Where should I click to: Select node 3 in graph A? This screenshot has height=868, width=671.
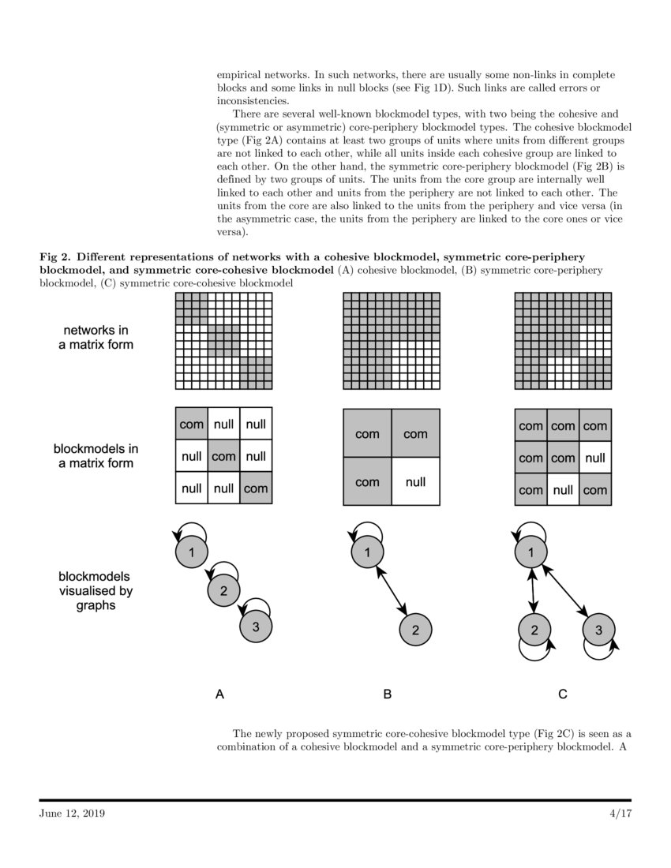pos(254,627)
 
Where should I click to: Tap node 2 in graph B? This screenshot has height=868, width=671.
pos(415,629)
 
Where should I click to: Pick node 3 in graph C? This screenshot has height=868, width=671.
pos(598,629)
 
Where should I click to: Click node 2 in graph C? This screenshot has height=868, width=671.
pos(534,629)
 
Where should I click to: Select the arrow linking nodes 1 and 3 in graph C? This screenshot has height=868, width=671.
pos(566,591)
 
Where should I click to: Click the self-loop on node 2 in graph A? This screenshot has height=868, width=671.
pos(227,571)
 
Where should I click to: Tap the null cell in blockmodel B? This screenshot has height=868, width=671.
pos(415,481)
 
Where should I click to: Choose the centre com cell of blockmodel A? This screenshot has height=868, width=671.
pos(223,456)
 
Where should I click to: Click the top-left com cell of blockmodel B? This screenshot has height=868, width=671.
pos(367,433)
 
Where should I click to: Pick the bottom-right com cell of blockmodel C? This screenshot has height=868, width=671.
pos(595,489)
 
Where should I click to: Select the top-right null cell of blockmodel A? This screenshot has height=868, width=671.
pos(256,425)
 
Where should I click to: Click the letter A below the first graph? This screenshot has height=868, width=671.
pos(221,694)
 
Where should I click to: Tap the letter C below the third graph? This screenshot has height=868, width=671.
pos(563,694)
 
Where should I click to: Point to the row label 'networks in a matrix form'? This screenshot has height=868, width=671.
pos(95,337)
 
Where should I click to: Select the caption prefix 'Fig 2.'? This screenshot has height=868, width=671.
pos(55,257)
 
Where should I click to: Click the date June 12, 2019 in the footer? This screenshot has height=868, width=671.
pos(72,813)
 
